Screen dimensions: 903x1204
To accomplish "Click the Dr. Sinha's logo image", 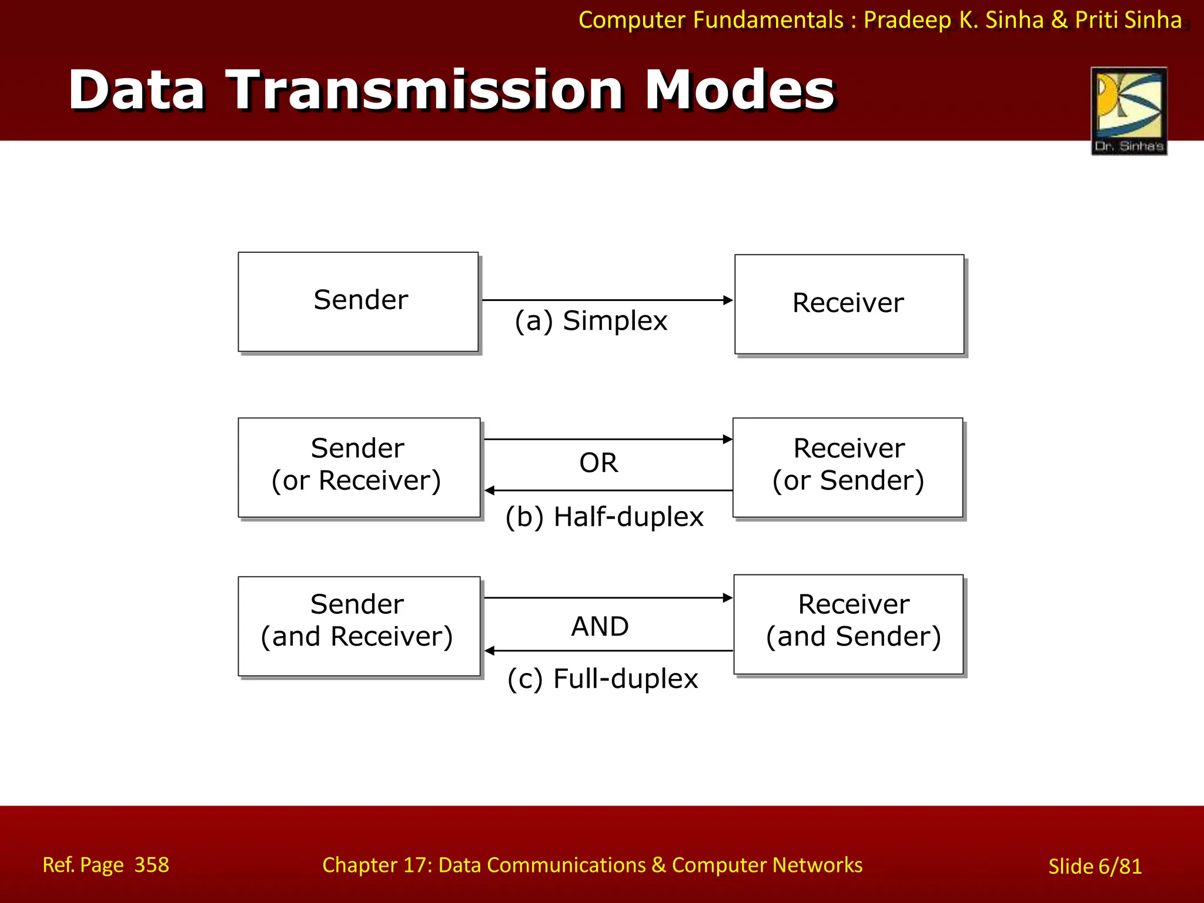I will [1129, 111].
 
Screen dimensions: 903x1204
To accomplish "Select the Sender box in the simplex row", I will [359, 302].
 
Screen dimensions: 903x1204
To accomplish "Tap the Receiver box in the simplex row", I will [848, 304].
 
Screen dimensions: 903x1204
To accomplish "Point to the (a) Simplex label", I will [591, 321].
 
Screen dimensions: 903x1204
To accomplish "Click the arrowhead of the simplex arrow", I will [728, 300].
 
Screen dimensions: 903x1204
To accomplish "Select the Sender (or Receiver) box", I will [359, 467].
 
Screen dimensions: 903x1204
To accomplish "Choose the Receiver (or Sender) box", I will [848, 467].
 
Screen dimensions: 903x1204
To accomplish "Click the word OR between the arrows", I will [598, 463].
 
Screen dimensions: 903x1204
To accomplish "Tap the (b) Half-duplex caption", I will [604, 517].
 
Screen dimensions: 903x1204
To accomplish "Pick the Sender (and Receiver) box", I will [359, 626].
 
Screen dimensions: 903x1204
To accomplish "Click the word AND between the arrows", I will [600, 626].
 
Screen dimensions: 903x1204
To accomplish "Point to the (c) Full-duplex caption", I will [603, 678].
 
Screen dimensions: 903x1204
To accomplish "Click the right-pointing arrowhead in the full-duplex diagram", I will [728, 598].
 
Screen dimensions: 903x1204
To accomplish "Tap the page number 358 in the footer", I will [152, 865].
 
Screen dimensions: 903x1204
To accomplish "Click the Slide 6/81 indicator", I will [1095, 867].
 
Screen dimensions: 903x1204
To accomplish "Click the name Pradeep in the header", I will [907, 20].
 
